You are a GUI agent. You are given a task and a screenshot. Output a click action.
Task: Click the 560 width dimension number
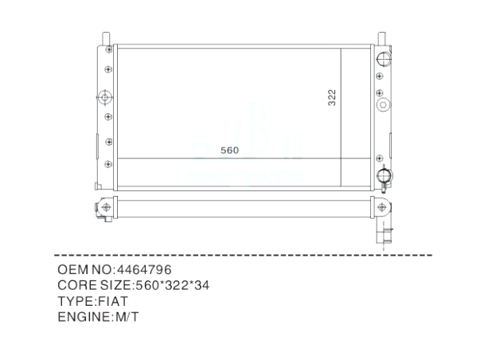coord(229,151)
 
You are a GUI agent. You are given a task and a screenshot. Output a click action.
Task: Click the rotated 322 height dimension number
coord(332,98)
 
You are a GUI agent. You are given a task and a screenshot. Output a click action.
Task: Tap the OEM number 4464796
coord(145,270)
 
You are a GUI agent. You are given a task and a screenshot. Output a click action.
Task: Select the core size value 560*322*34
coord(173,286)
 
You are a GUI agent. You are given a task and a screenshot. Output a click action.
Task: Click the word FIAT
coord(113,301)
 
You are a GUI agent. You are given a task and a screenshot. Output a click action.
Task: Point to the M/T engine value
coord(127,317)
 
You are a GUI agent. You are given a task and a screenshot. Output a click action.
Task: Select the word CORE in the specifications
coord(77,286)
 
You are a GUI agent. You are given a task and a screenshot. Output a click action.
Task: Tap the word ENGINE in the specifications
coord(84,317)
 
